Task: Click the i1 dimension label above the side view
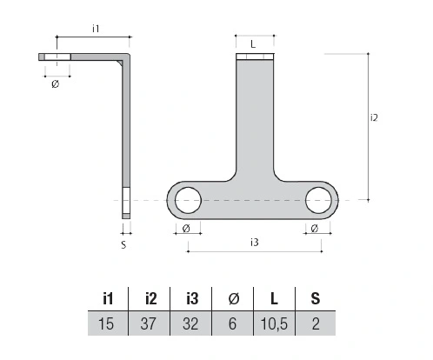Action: tap(96, 29)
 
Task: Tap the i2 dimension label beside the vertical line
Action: tap(374, 117)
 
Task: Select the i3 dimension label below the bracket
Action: tap(254, 243)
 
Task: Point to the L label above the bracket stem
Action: tap(253, 44)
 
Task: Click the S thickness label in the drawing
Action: tap(123, 245)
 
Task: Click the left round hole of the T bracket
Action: tap(188, 200)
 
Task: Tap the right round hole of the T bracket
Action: tap(318, 200)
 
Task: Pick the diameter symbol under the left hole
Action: tap(186, 229)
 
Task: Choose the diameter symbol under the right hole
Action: tap(314, 229)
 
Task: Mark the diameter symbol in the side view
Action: tap(55, 83)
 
